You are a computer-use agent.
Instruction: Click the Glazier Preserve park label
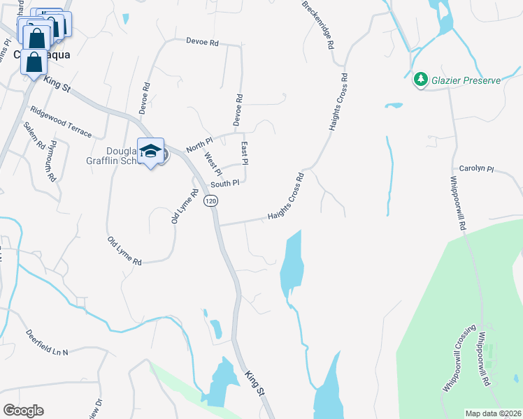[466, 80]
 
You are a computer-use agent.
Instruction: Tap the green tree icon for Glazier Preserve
[421, 80]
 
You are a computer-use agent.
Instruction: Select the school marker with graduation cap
[150, 152]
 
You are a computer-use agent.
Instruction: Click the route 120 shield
[210, 201]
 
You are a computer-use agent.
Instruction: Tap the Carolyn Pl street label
[476, 169]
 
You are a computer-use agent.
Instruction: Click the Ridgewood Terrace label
[61, 119]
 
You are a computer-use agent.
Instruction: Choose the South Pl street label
[225, 184]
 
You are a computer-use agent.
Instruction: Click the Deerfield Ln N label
[48, 343]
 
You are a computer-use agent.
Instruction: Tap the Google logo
[23, 411]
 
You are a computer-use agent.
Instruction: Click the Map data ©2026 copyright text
[493, 413]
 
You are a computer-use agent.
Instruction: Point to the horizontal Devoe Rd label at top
[203, 43]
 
